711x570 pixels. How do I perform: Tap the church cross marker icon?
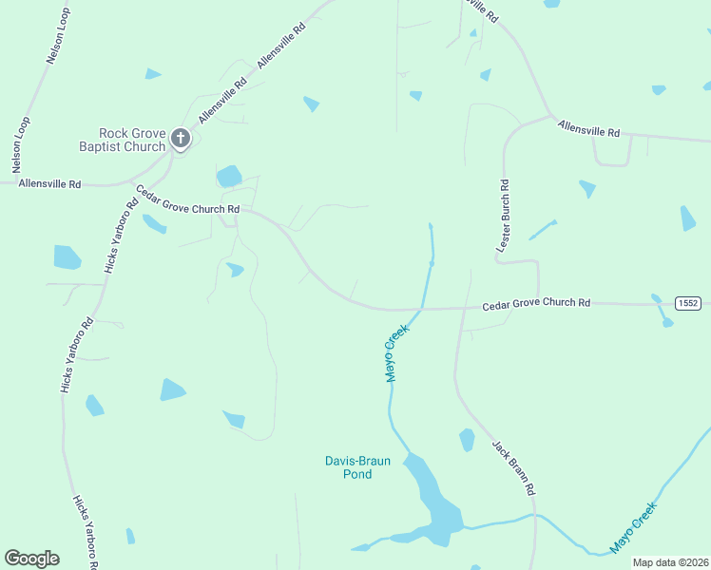pyautogui.click(x=181, y=140)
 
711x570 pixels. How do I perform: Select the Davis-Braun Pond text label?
pyautogui.click(x=357, y=467)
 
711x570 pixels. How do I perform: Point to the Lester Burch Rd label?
pyautogui.click(x=504, y=216)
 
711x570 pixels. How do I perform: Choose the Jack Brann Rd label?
pyautogui.click(x=514, y=467)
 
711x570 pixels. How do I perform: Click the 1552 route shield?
pyautogui.click(x=688, y=303)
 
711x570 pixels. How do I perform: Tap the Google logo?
pyautogui.click(x=32, y=559)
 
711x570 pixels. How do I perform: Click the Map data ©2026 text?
pyautogui.click(x=670, y=562)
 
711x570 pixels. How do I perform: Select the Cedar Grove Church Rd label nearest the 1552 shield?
pyautogui.click(x=536, y=304)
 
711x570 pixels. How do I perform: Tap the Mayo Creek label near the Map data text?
pyautogui.click(x=634, y=527)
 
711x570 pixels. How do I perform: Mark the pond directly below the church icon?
pyautogui.click(x=229, y=177)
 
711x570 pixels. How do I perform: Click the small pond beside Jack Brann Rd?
pyautogui.click(x=467, y=440)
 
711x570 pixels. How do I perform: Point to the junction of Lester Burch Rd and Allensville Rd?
pyautogui.click(x=550, y=117)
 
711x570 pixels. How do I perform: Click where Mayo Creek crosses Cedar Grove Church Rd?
pyautogui.click(x=419, y=309)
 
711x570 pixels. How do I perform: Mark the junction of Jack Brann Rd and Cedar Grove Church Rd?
pyautogui.click(x=464, y=308)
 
